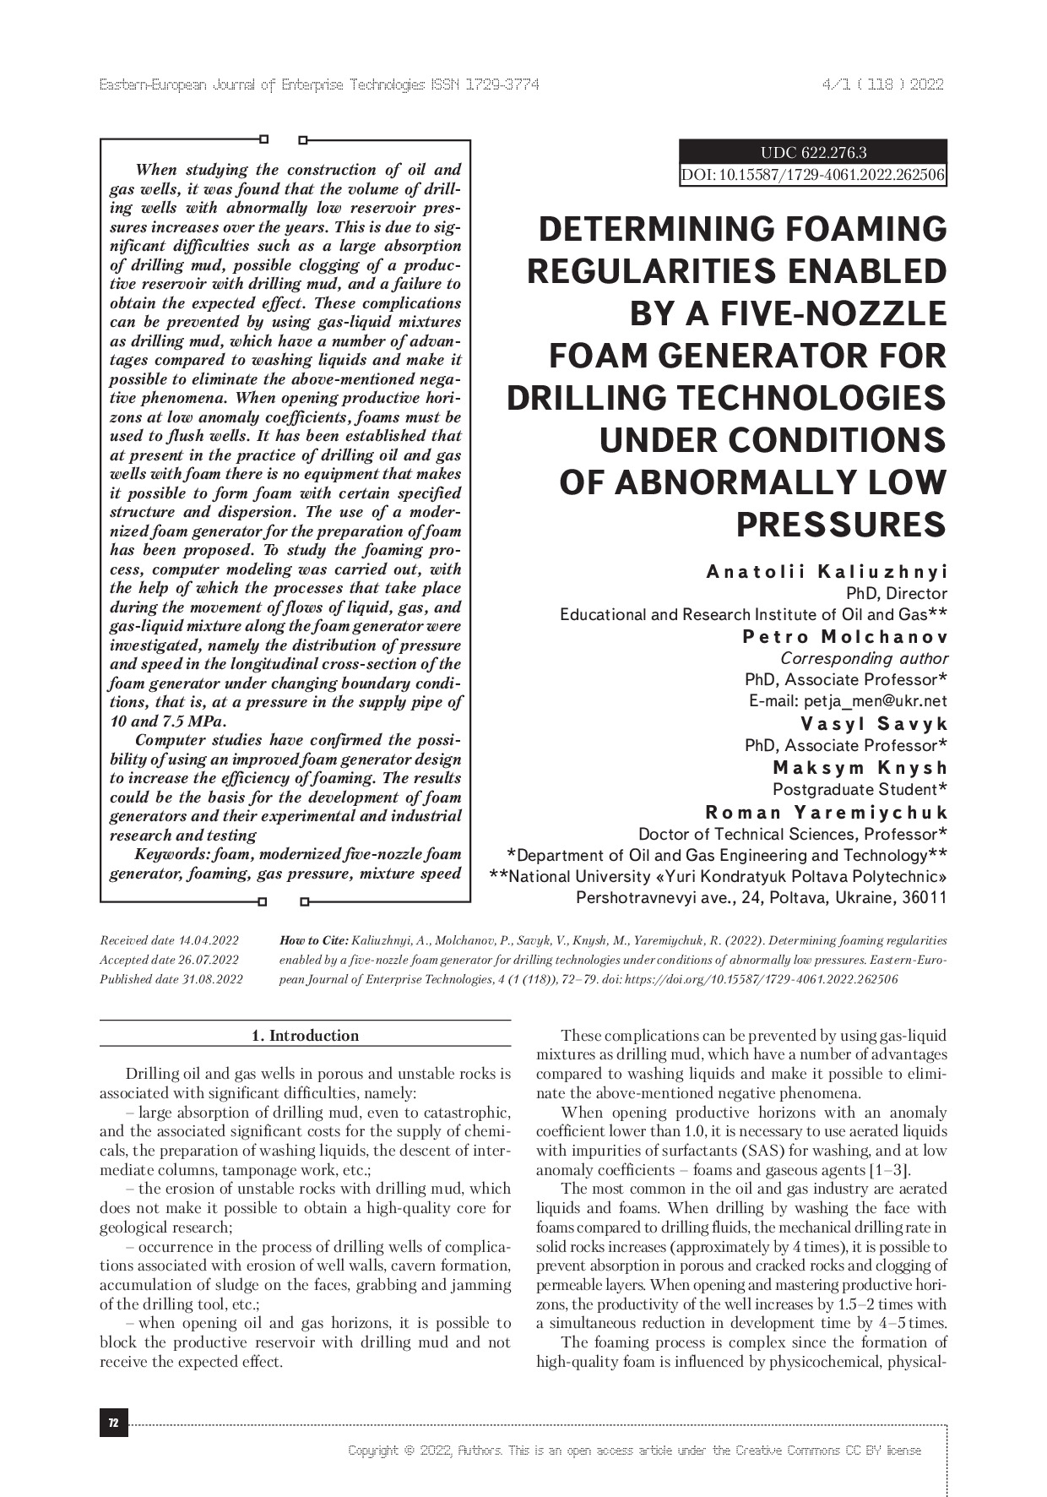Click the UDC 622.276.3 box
[813, 153]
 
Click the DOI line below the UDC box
[813, 176]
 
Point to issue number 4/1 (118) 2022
[882, 84]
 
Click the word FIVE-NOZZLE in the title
[789, 313]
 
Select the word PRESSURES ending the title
[841, 525]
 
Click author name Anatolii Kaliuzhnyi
[827, 572]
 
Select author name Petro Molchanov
[844, 637]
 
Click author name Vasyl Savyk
[874, 724]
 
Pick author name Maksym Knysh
[860, 768]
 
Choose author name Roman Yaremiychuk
[826, 813]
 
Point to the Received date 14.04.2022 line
[169, 940]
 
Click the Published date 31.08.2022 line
[171, 980]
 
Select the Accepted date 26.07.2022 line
[169, 960]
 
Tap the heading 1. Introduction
[306, 1036]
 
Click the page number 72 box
[113, 1424]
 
